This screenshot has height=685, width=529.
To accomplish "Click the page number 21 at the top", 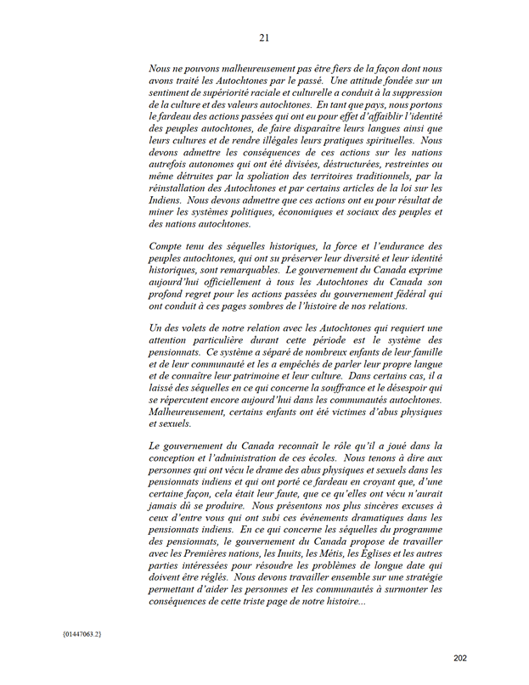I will coord(264,37).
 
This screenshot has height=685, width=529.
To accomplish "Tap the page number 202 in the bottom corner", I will coord(460,658).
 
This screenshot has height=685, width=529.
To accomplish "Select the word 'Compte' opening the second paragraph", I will coord(167,244).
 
